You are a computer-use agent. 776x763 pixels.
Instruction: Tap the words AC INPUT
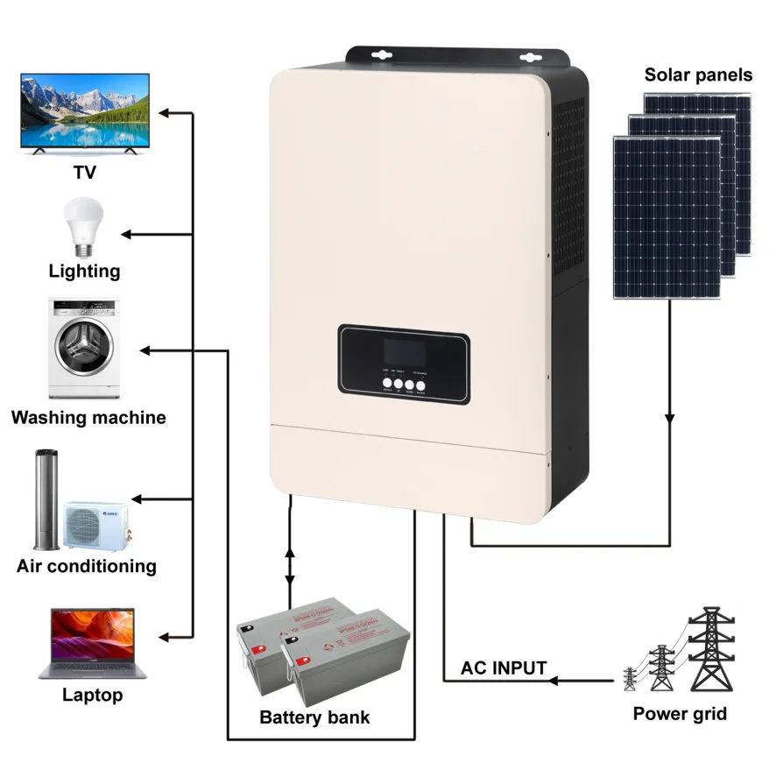click(504, 668)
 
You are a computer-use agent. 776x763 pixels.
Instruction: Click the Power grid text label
click(680, 713)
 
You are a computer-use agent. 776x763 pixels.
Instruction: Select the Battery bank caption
click(314, 717)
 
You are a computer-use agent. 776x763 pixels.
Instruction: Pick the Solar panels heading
click(698, 74)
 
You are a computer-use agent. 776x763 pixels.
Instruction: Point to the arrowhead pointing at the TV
click(164, 112)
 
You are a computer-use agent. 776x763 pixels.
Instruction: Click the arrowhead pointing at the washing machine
click(145, 350)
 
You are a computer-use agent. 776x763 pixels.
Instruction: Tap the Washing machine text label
click(88, 418)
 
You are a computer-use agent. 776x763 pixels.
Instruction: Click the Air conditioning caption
click(87, 566)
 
